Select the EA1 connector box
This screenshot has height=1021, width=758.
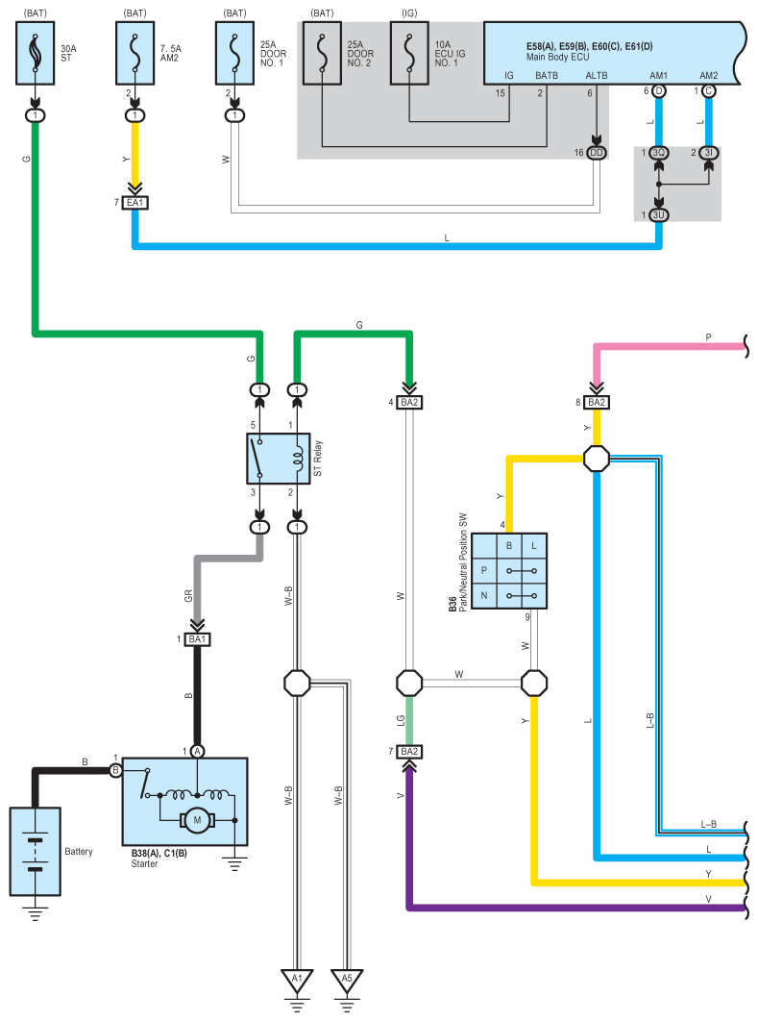134,203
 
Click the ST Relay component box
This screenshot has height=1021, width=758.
278,458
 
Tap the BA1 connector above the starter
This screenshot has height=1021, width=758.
198,639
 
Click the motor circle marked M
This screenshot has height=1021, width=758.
199,820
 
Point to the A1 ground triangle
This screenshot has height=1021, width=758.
298,982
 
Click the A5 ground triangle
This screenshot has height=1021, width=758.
348,982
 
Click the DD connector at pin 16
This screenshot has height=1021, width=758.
597,153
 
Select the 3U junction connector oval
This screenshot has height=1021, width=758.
659,213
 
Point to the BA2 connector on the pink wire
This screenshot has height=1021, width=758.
597,402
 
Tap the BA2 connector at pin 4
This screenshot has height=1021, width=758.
410,402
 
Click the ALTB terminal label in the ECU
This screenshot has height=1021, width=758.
597,75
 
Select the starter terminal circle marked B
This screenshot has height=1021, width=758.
115,770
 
